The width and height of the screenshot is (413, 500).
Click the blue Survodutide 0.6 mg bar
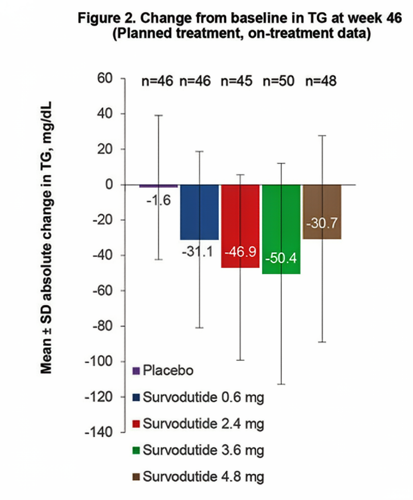[199, 212]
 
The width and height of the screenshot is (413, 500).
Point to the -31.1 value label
[199, 253]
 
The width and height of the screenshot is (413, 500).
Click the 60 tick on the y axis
[105, 79]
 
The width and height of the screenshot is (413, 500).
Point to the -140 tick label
[99, 432]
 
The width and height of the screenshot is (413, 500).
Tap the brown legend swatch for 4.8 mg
[136, 477]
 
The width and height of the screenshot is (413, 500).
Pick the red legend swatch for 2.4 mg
[136, 424]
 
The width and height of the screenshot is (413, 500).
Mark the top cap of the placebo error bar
[159, 115]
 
